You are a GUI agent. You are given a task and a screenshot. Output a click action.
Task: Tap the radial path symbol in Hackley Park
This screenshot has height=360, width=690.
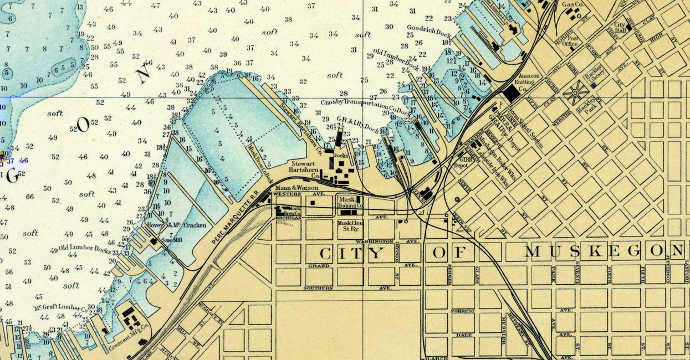tap(575, 92)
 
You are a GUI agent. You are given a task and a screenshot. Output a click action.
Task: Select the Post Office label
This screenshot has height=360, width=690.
tap(569, 42)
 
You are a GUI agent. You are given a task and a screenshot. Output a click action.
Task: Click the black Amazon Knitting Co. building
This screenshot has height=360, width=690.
tap(510, 94)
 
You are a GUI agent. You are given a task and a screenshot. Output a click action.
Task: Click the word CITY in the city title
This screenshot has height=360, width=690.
tap(352, 254)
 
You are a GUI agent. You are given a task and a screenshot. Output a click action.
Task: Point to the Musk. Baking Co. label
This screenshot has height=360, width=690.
tap(350, 202)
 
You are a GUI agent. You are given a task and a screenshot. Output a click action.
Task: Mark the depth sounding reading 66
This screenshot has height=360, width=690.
tap(29, 197)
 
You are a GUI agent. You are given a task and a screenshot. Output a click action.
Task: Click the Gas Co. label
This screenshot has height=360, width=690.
tap(574, 5)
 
